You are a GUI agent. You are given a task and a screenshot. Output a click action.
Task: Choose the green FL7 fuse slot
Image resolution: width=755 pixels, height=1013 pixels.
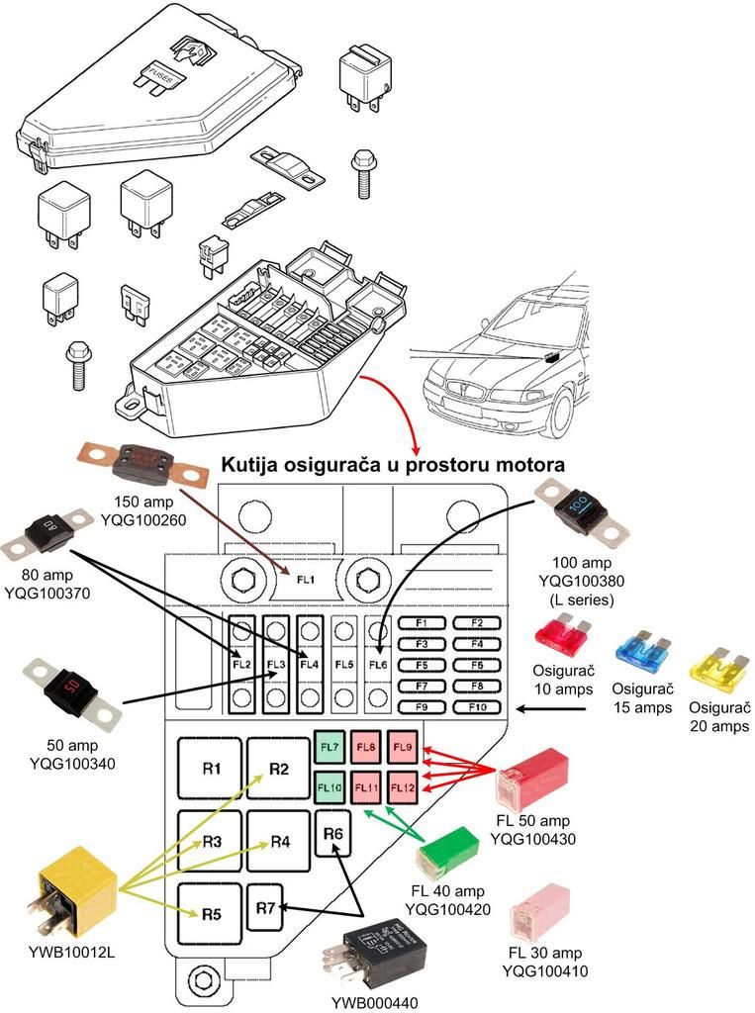[330, 747]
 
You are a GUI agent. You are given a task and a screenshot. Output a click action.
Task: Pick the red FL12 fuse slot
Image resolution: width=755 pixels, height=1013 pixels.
[402, 788]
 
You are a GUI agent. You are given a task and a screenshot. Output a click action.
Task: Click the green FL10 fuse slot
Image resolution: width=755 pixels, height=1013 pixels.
[330, 788]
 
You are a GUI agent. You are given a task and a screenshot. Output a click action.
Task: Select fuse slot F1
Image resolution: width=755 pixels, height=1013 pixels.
[422, 622]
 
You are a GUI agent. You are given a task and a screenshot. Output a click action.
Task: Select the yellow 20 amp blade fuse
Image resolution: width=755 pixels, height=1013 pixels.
[717, 667]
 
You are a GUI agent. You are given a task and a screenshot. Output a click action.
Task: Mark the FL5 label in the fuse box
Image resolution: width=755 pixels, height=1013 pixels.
[343, 664]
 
